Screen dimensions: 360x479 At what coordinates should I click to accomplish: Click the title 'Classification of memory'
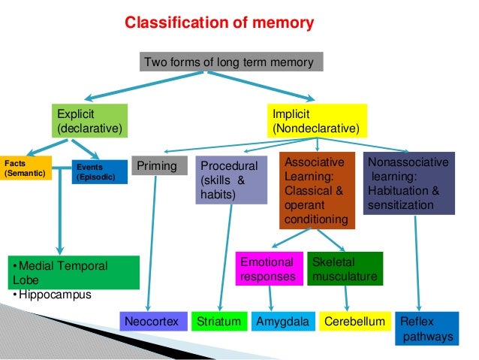218,23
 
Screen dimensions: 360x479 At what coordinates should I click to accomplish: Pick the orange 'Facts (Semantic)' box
26,168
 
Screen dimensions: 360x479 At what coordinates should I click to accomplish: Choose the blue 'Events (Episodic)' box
99,172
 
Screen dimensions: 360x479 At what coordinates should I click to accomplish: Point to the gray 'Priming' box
158,165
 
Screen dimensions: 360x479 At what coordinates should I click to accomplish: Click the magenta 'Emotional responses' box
268,269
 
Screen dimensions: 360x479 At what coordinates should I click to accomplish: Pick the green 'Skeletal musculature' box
345,269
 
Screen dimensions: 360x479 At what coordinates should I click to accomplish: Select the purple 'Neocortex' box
152,322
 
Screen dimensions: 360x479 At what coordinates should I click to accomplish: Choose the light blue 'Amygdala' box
282,322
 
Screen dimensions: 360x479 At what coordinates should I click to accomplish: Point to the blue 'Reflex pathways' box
426,328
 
